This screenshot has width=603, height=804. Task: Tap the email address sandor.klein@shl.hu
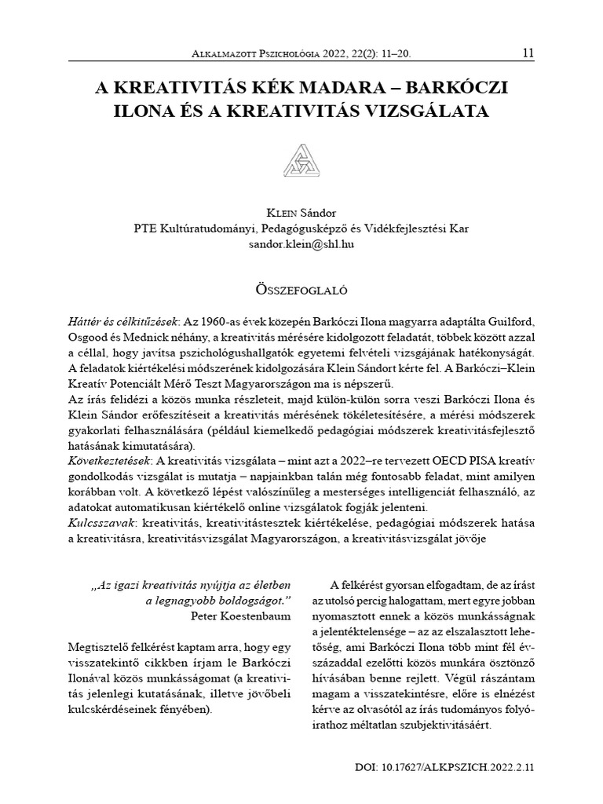click(x=301, y=245)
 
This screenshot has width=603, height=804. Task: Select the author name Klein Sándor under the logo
click(x=301, y=214)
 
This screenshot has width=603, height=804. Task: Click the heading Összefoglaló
click(x=301, y=288)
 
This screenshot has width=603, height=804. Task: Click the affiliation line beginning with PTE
click(x=301, y=229)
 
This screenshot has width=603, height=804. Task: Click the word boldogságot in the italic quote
click(x=250, y=599)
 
